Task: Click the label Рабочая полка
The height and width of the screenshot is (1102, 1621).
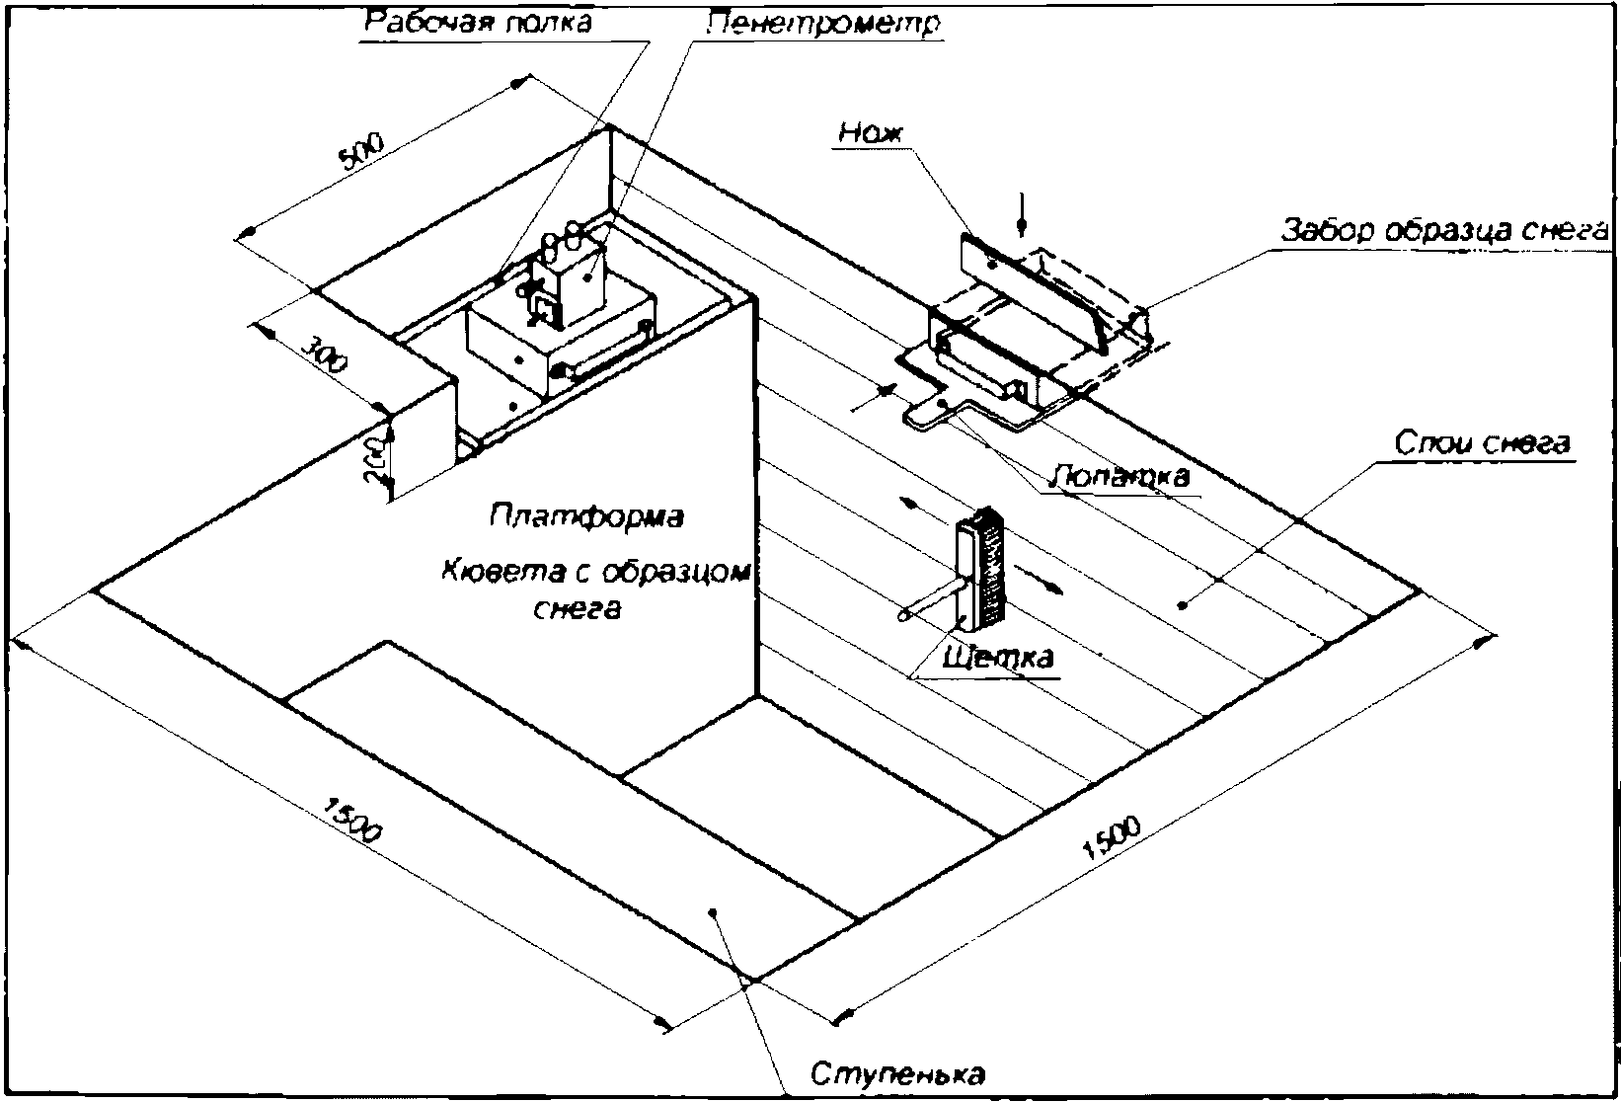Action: point(479,22)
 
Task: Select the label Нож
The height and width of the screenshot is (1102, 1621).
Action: point(871,133)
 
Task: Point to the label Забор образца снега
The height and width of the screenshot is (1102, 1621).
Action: point(1445,230)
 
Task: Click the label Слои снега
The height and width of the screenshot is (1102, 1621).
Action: point(1481,443)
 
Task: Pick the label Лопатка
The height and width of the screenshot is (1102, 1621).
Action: point(1121,475)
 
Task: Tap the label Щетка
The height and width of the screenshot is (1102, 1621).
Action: point(999,658)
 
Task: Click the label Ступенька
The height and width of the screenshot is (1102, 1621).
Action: point(898,1074)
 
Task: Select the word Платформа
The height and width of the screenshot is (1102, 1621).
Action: point(586,515)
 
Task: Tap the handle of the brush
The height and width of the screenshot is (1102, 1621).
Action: point(928,603)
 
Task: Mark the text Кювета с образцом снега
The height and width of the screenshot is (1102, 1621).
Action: point(593,590)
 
